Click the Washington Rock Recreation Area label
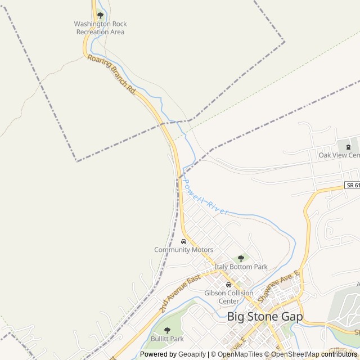click(100, 28)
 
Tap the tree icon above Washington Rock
click(100, 15)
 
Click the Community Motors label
click(183, 250)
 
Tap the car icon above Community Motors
click(183, 241)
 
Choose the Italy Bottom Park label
click(241, 267)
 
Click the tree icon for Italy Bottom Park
click(241, 258)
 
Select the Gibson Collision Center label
click(228, 297)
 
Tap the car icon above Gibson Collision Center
click(228, 285)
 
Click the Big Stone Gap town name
click(264, 317)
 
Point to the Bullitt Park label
click(167, 339)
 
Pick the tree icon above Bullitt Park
click(167, 330)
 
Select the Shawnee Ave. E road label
click(284, 283)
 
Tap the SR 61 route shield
click(352, 185)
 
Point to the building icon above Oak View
click(340, 147)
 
